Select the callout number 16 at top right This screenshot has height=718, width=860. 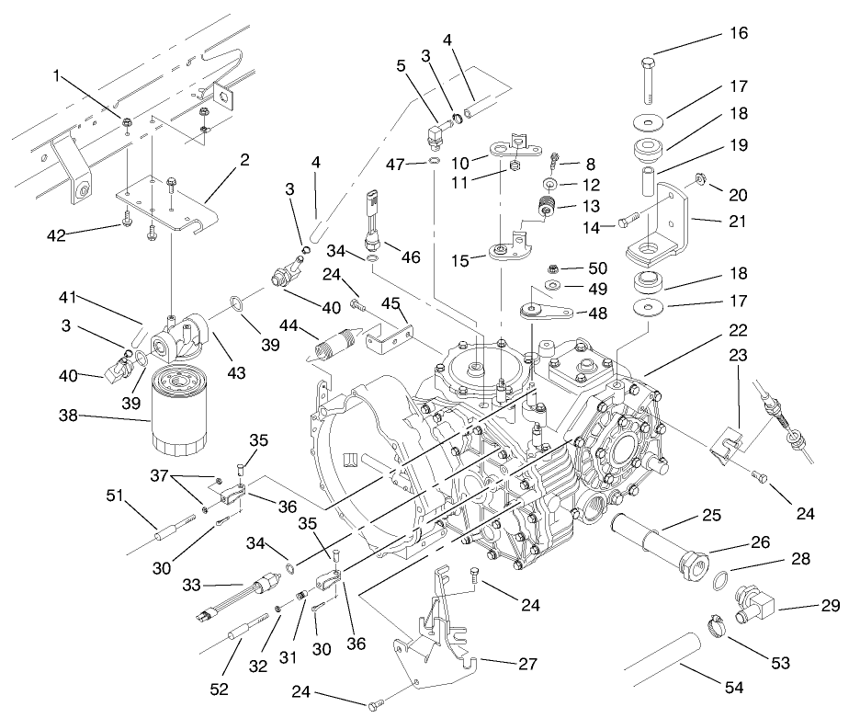pos(739,33)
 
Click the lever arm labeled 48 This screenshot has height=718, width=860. pos(548,311)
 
